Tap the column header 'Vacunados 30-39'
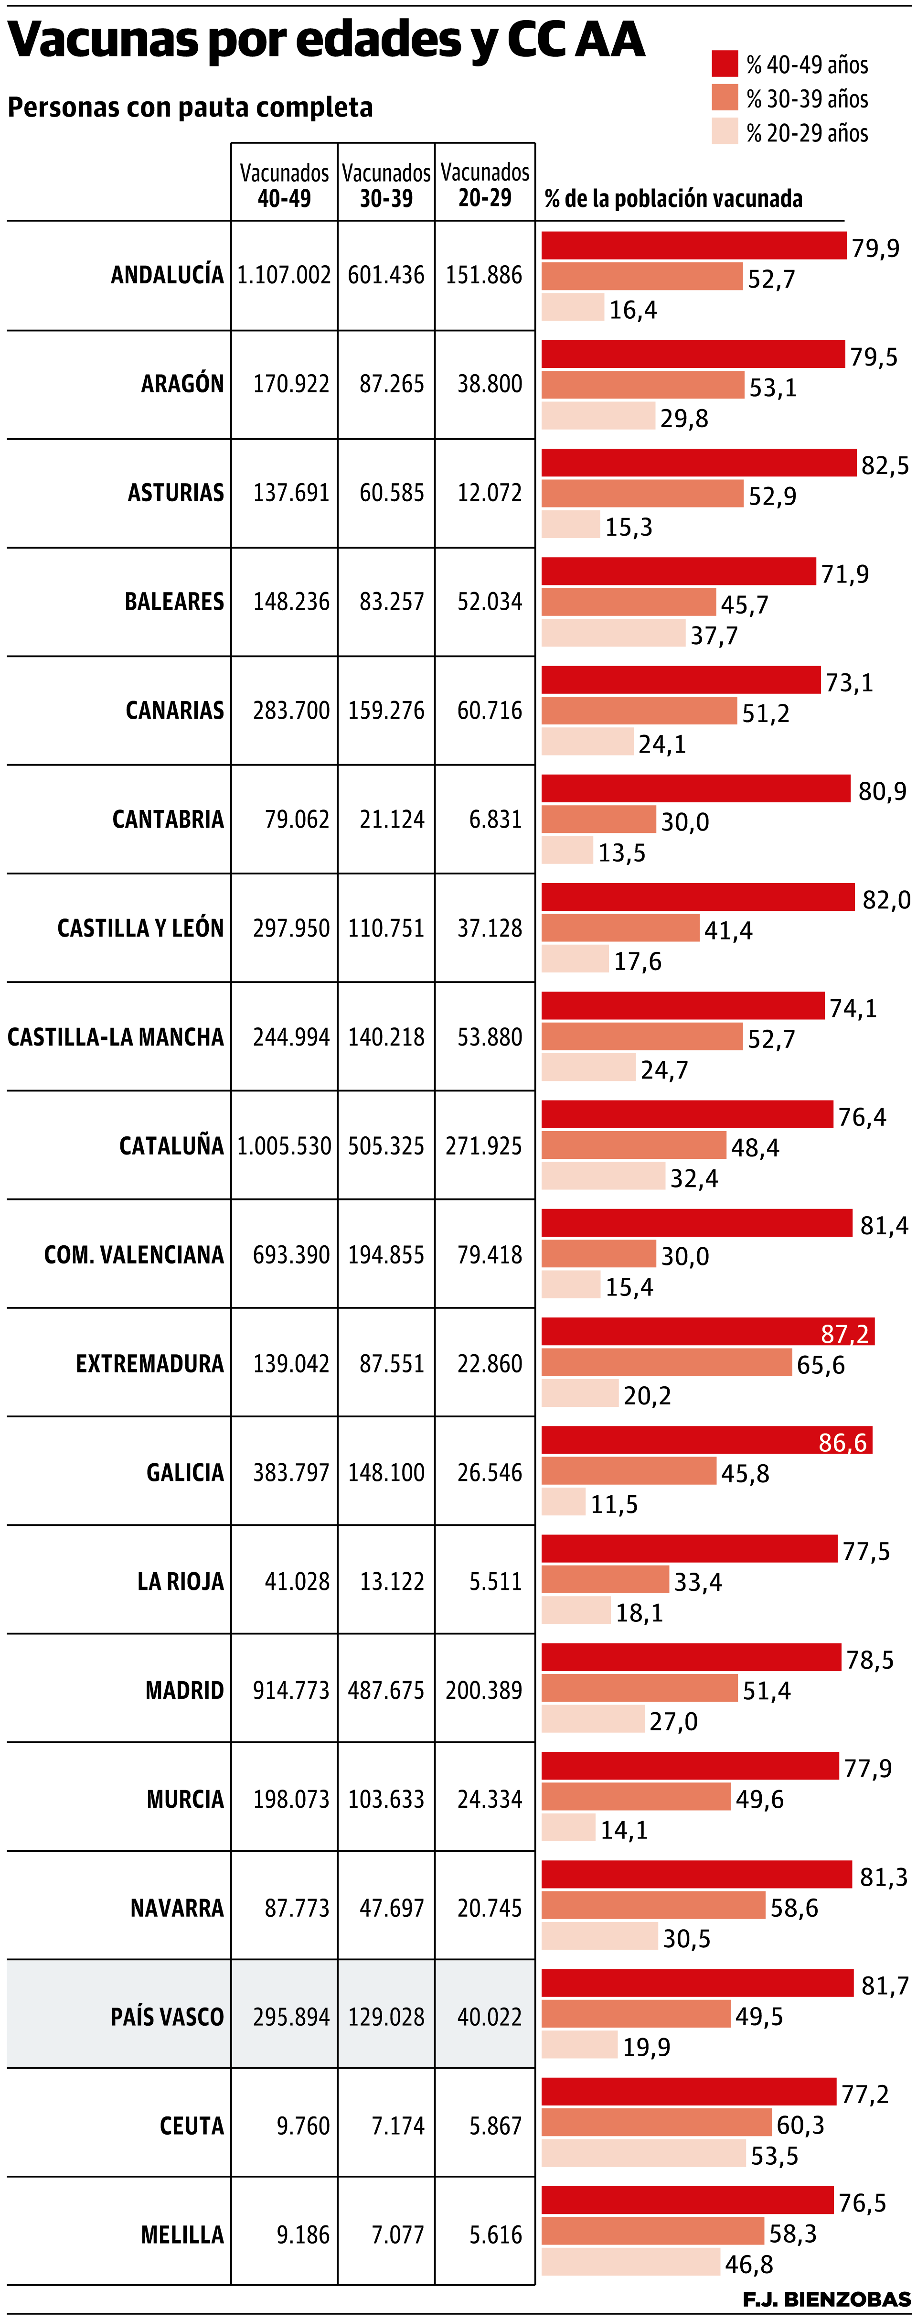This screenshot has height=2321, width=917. pyautogui.click(x=386, y=185)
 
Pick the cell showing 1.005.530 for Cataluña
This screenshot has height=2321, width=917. pyautogui.click(x=284, y=1146)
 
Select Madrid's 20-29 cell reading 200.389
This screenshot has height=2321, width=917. pyautogui.click(x=484, y=1690)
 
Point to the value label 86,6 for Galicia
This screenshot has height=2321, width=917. pyautogui.click(x=842, y=1443)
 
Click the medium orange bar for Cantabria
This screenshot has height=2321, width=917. pyautogui.click(x=598, y=819)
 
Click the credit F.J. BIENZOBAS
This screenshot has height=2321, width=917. pyautogui.click(x=826, y=2299)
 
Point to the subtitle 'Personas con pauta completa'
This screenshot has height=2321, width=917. pyautogui.click(x=190, y=107)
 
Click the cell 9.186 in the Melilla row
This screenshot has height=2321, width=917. pyautogui.click(x=303, y=2235)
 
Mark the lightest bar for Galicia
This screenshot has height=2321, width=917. pyautogui.click(x=563, y=1502)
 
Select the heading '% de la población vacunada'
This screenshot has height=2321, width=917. pyautogui.click(x=673, y=198)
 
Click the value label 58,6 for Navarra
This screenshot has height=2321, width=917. pyautogui.click(x=794, y=1908)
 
